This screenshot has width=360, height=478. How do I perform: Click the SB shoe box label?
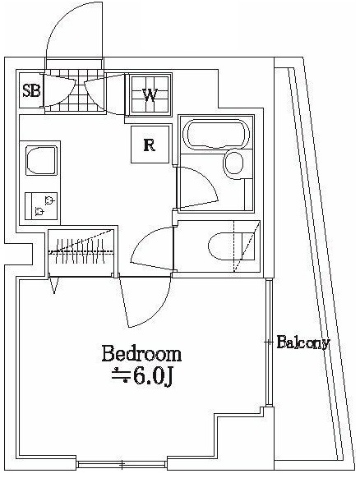point(31,90)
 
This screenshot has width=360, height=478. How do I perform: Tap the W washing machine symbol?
point(150,94)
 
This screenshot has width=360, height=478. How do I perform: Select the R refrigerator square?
point(149,146)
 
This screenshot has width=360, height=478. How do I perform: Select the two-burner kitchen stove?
point(39,205)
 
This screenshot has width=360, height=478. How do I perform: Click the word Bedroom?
point(141,355)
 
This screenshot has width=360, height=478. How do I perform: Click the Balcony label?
point(303,342)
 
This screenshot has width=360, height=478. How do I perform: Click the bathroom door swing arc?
point(197,187)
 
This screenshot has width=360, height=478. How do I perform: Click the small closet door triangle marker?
point(55,285)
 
